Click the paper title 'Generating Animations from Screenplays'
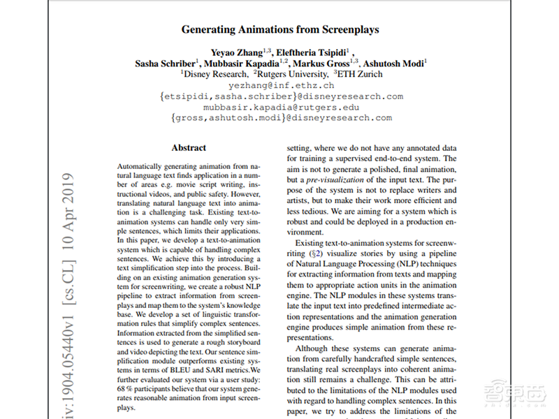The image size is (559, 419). pos(280,30)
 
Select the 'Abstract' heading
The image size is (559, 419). pos(189,148)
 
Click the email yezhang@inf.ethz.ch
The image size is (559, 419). pos(280,84)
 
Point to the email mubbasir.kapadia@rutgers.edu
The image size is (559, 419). pos(280,108)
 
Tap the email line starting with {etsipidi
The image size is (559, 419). pos(280,96)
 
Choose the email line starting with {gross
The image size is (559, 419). pos(280,118)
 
